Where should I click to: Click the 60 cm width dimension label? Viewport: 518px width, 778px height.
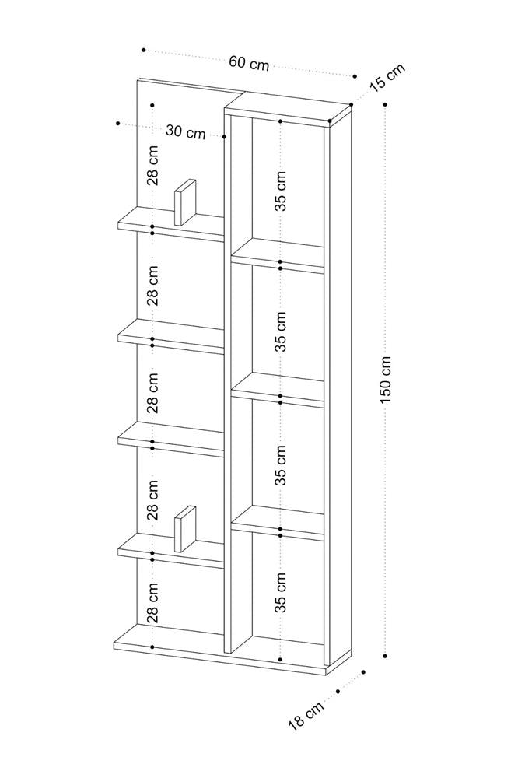point(249,64)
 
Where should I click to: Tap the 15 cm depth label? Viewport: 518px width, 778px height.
point(387,77)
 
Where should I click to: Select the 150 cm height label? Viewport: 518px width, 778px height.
point(387,380)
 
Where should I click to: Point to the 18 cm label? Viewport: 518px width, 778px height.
point(306,716)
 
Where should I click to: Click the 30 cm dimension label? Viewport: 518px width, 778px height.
point(186,131)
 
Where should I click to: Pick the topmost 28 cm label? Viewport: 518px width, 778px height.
point(153,165)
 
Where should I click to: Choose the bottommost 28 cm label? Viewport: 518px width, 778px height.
point(153,603)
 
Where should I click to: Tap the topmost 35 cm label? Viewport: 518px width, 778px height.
point(281,191)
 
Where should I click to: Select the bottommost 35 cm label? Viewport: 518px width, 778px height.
point(281,592)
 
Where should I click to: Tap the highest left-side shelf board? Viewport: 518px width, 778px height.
point(170,225)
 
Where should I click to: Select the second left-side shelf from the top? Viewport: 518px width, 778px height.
point(170,336)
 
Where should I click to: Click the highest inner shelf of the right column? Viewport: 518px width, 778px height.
point(278,255)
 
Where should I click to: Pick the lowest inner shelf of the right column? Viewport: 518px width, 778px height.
point(278,523)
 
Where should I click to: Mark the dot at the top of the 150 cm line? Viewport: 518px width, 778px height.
point(386,104)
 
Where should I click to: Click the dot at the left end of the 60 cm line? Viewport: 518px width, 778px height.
point(143,50)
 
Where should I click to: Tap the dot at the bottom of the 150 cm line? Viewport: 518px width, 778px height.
point(386,656)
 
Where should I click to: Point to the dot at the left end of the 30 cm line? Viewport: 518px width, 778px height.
point(117,123)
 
